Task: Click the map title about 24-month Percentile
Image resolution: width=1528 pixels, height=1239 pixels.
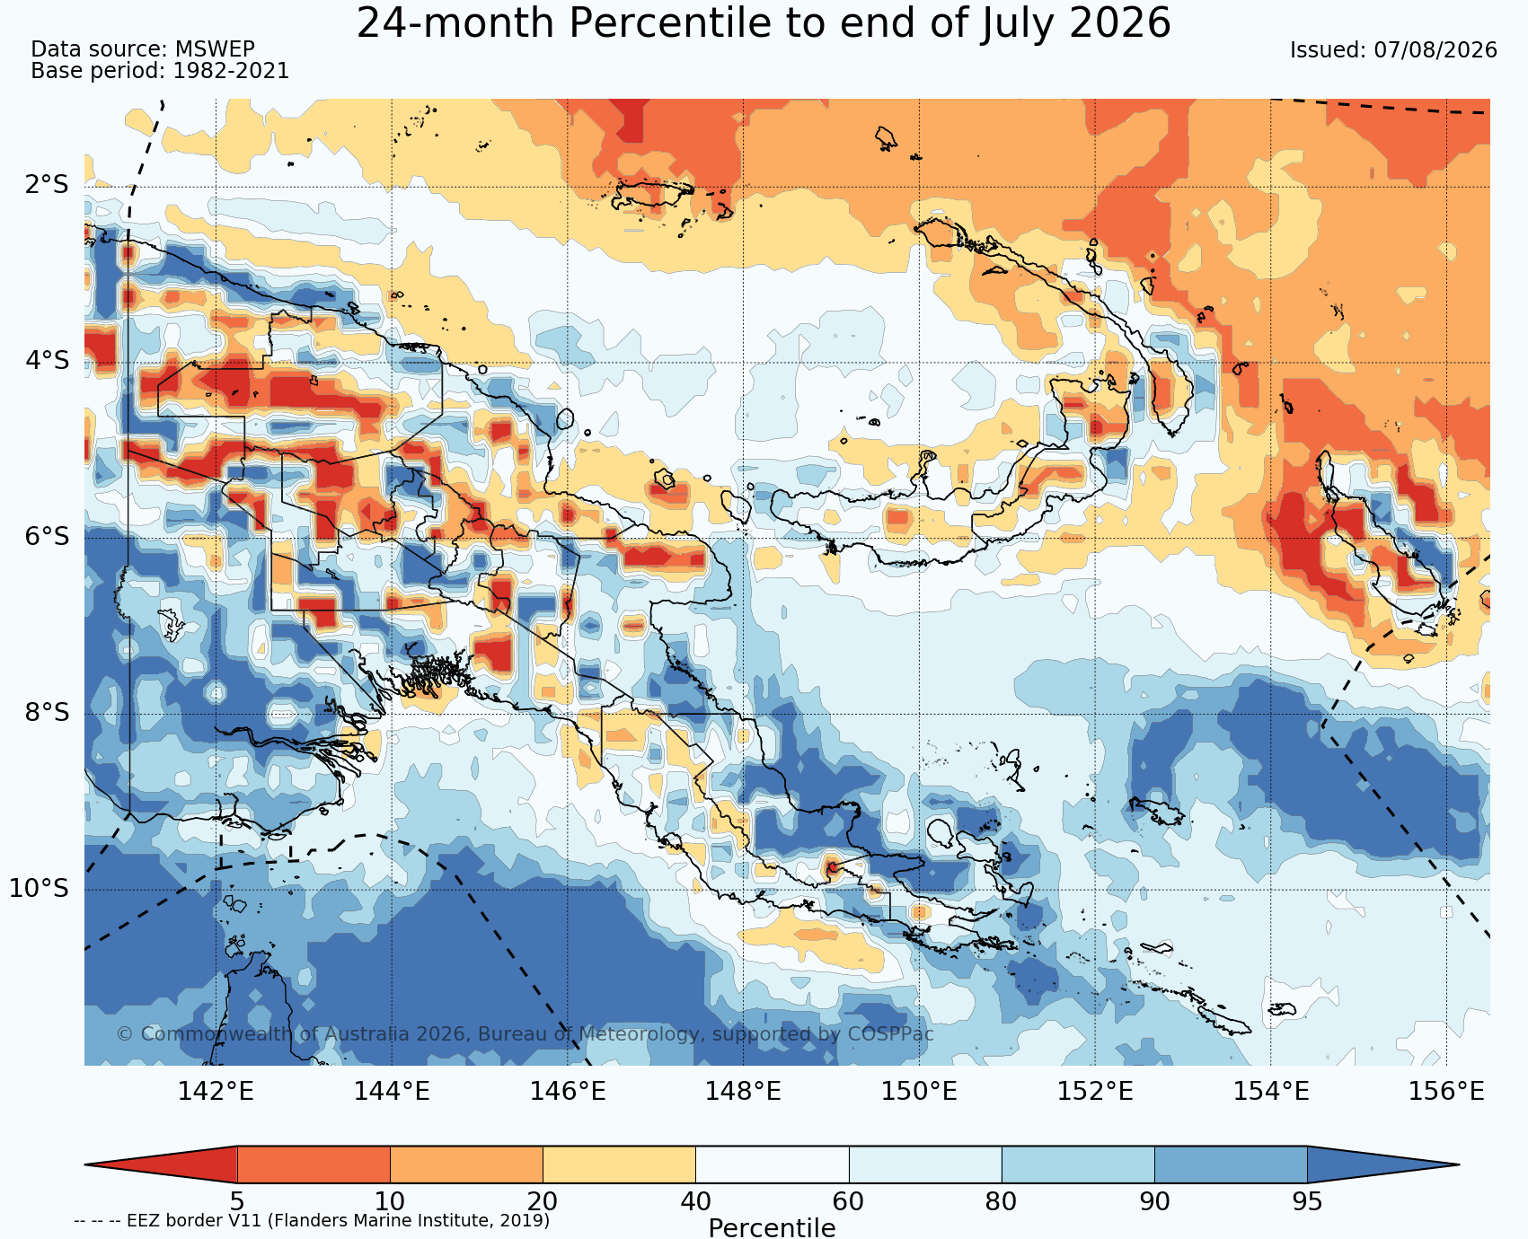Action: point(764,23)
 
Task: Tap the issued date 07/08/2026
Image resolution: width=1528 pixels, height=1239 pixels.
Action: point(1435,50)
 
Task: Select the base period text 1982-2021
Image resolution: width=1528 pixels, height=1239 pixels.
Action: point(231,71)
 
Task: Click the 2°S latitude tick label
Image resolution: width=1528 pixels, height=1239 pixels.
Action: point(47,186)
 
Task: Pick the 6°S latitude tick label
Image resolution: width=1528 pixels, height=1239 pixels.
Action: point(47,537)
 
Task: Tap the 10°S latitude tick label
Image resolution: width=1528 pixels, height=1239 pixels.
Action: point(40,889)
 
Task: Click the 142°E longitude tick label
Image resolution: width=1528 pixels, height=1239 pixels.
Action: point(216,1092)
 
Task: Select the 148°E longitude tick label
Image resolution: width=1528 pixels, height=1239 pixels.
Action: point(743,1092)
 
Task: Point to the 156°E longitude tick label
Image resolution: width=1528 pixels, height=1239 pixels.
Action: point(1446,1092)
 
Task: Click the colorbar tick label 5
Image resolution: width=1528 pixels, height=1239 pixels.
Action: point(237,1201)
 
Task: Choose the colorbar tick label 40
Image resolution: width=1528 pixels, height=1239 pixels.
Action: point(695,1201)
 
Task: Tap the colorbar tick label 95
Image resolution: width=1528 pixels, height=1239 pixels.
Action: point(1307,1201)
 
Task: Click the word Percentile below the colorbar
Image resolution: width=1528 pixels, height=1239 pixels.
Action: point(772,1228)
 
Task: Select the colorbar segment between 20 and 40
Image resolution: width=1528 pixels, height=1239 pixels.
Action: point(619,1164)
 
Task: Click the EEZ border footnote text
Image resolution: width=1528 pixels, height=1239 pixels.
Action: point(312,1221)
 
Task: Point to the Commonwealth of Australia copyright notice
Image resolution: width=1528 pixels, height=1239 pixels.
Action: point(526,1034)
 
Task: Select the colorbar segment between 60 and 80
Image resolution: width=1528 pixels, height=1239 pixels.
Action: point(925,1164)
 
